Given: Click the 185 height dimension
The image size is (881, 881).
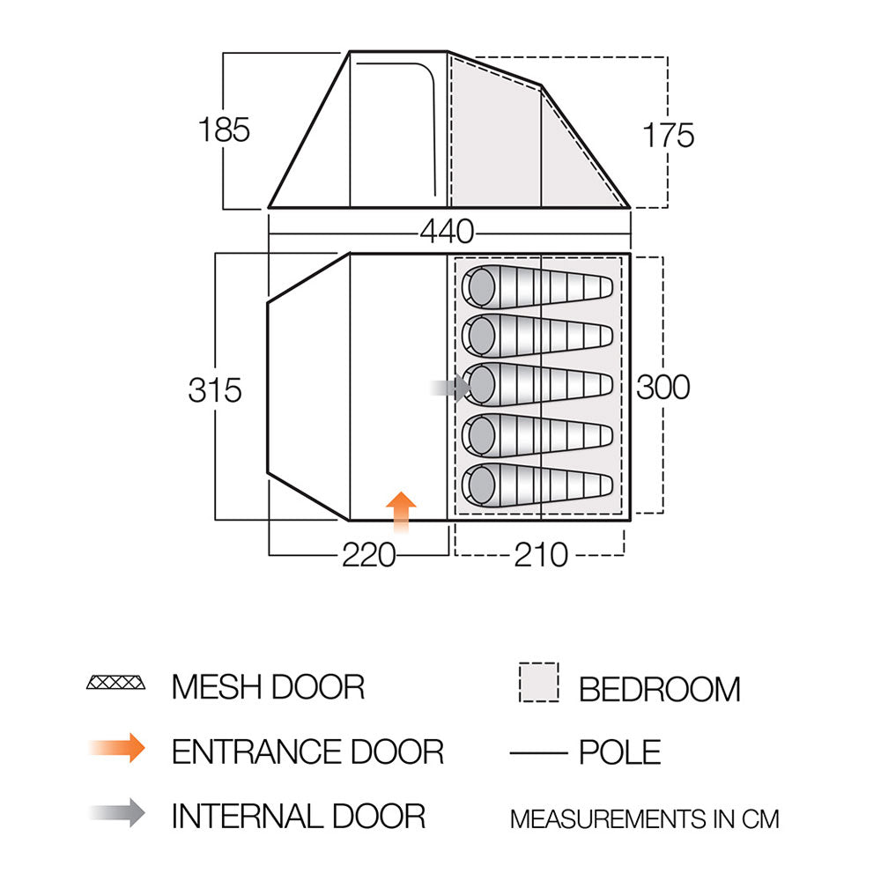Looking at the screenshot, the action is [x=224, y=130].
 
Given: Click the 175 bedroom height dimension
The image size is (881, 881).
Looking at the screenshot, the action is [x=668, y=136].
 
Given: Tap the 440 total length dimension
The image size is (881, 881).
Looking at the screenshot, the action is [x=448, y=232].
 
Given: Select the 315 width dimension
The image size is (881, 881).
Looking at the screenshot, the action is [x=215, y=390].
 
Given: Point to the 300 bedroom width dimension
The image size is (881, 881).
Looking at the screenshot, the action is [x=663, y=387].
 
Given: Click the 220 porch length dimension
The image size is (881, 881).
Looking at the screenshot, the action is [x=369, y=555].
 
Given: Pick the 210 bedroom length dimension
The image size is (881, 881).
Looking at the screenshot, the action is [x=541, y=555].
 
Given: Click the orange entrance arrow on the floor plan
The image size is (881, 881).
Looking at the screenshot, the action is [x=401, y=512].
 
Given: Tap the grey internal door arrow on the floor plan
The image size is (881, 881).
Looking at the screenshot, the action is [x=450, y=388].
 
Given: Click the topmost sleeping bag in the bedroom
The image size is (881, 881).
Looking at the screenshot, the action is [x=537, y=287].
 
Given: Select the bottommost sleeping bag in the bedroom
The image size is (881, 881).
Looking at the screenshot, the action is [x=537, y=485].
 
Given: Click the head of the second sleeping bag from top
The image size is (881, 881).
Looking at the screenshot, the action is [x=481, y=336].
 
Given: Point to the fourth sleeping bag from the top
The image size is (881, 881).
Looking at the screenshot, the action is [x=537, y=435].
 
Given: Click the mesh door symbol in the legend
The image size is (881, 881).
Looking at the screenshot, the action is [x=115, y=683].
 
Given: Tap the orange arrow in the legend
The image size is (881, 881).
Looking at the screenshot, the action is [x=117, y=748].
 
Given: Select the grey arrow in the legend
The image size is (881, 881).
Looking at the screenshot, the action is [x=117, y=812].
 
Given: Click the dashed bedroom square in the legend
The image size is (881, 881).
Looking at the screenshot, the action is [x=539, y=682].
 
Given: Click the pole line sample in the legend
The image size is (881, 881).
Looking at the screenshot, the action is [x=539, y=753].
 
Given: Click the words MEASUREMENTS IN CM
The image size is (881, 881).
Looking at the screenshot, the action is [x=645, y=819].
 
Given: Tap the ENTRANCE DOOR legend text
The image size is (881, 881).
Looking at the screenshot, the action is [x=307, y=751].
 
